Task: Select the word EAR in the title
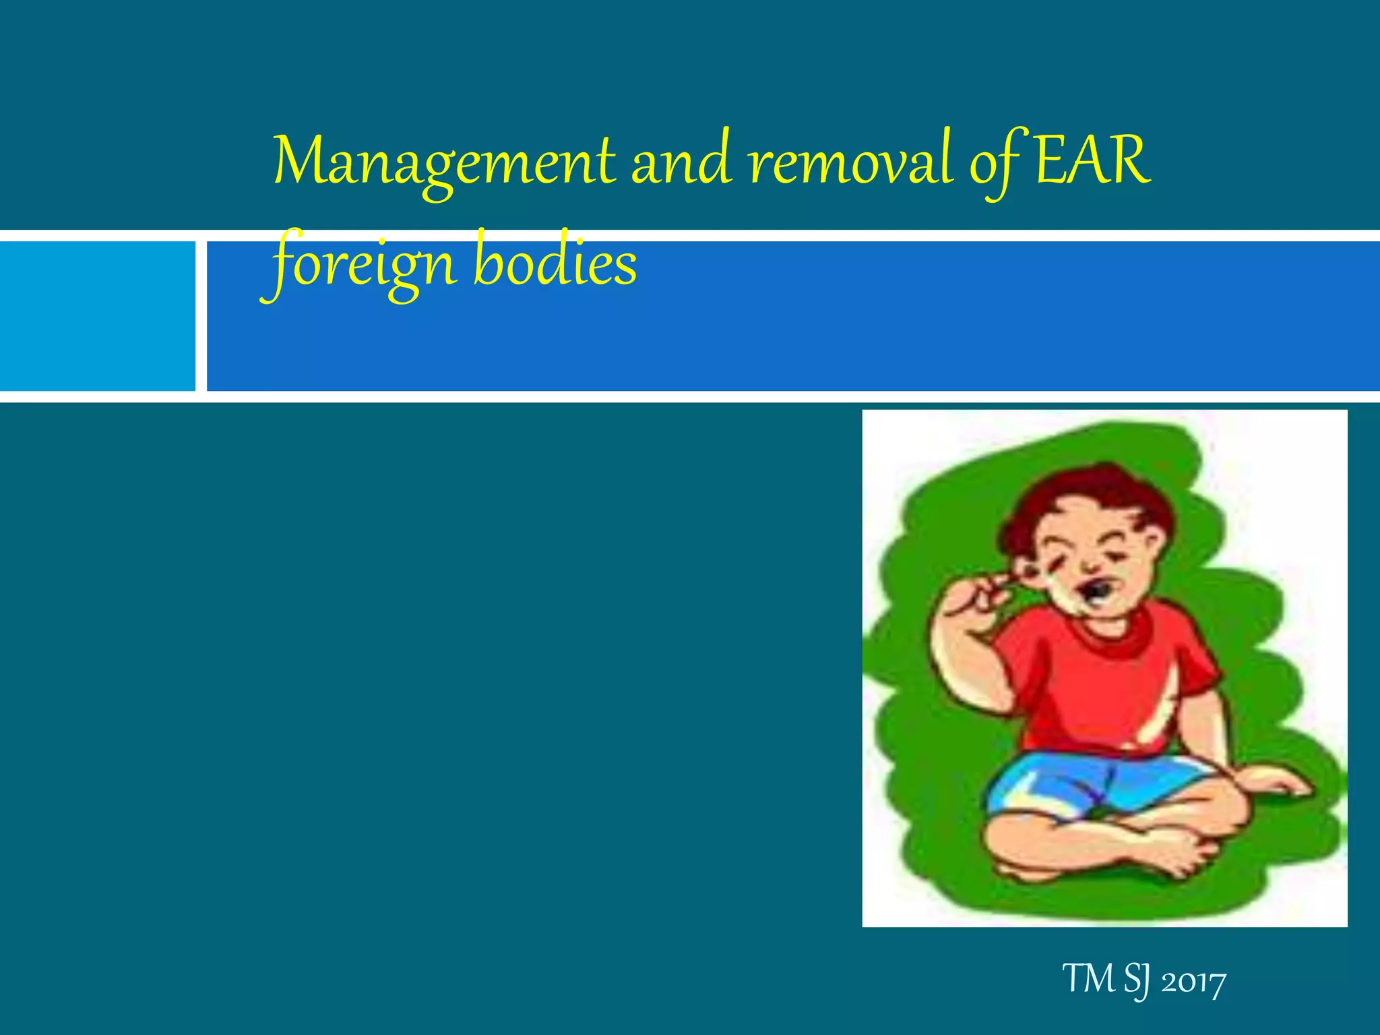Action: click(x=1092, y=162)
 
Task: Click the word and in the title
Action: click(x=681, y=162)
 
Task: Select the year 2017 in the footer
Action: click(x=1193, y=982)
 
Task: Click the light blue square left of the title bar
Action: click(x=97, y=316)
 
